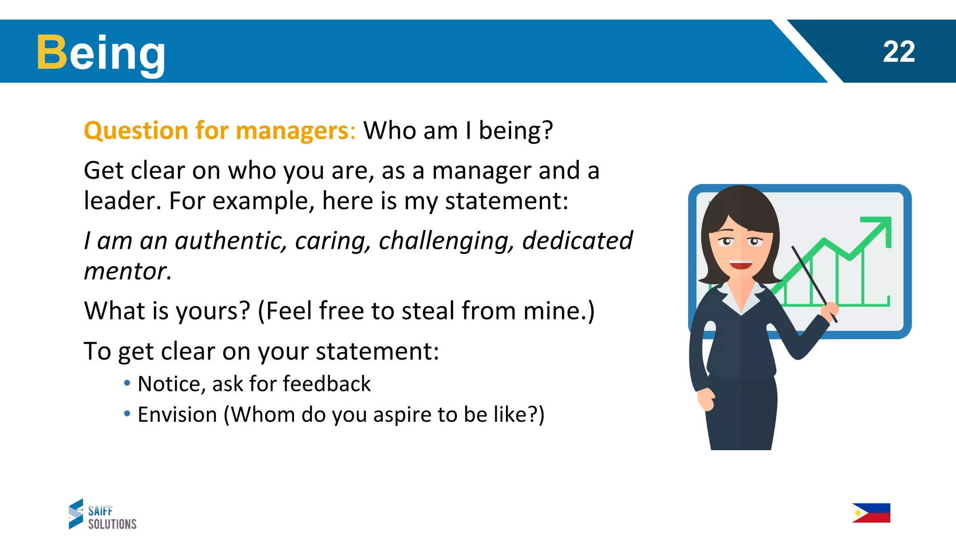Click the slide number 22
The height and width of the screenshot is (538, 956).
(x=899, y=52)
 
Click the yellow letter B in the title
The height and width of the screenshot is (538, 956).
(x=52, y=52)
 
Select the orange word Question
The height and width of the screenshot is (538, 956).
(x=136, y=130)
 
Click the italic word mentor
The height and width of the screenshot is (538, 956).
(x=127, y=271)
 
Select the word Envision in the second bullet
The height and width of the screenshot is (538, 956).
(x=177, y=415)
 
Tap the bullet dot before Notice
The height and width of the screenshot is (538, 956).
(x=127, y=383)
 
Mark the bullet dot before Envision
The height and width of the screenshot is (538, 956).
(x=127, y=414)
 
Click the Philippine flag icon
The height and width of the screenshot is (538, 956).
(x=871, y=513)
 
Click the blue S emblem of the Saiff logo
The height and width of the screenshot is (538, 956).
(x=76, y=514)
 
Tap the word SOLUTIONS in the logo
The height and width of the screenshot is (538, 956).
(x=112, y=524)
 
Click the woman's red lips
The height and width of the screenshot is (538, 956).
(x=741, y=265)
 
